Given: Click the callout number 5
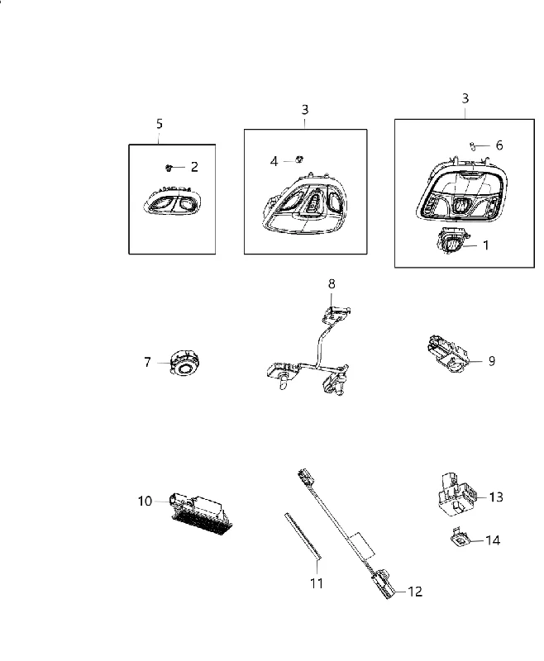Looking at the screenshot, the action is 159,124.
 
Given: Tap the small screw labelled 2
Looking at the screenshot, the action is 169,168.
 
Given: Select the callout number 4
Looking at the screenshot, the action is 274,161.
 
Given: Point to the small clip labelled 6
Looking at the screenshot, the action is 473,146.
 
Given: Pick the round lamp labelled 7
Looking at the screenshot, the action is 184,363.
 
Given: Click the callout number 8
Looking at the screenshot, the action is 332,284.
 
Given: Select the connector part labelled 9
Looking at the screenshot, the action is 444,353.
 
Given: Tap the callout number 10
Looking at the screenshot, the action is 145,502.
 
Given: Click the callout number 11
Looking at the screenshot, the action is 317,583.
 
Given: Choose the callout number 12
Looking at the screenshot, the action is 415,592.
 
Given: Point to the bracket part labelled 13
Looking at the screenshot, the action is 455,493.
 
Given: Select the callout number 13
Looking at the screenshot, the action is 496,497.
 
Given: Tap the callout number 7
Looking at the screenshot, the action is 147,362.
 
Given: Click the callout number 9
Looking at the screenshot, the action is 492,361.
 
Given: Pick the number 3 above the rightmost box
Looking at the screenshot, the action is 465,98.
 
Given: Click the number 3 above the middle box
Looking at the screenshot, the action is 305,110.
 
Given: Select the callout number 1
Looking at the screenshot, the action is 486,245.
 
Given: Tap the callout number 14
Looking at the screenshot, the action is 493,540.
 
